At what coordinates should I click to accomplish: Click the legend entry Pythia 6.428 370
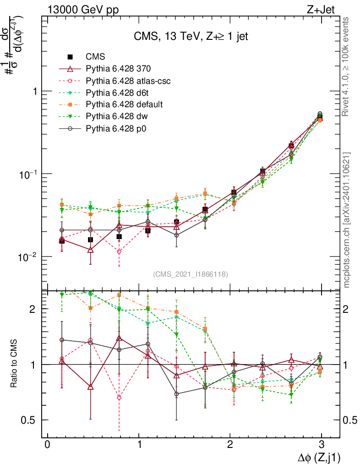118,69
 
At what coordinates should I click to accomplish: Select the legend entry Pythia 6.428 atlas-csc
128,81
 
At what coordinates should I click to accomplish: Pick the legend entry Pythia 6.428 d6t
118,93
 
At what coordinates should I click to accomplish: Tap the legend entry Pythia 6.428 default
124,104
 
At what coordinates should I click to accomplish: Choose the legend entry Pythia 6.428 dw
116,116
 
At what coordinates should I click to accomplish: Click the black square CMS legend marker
70,57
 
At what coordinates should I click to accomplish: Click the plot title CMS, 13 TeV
191,37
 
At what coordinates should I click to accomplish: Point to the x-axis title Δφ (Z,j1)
313,457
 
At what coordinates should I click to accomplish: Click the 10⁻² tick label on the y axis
26,256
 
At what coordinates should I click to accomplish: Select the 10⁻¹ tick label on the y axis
26,174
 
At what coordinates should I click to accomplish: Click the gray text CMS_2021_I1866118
191,274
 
